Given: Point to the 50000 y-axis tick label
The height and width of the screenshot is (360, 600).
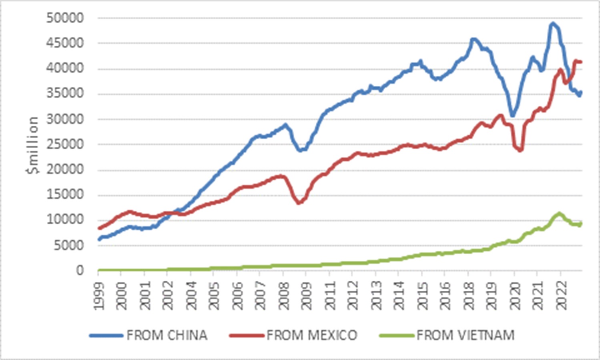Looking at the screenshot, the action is [x=65, y=18].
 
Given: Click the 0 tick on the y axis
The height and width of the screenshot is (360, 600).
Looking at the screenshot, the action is [x=80, y=270].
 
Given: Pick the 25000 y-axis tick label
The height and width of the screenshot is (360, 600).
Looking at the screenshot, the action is [x=65, y=144].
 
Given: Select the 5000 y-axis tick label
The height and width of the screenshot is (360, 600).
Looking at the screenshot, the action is [x=69, y=245].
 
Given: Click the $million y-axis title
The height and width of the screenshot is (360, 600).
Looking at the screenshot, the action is [x=33, y=145].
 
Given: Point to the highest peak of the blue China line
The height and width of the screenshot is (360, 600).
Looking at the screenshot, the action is [x=553, y=24].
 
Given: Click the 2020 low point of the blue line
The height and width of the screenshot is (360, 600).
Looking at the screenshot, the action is [x=512, y=115].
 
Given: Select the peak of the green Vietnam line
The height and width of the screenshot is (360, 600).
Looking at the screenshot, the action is [x=559, y=214].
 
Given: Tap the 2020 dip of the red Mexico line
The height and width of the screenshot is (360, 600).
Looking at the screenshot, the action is [x=520, y=150].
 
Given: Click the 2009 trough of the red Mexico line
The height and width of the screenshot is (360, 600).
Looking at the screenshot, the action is [x=299, y=203].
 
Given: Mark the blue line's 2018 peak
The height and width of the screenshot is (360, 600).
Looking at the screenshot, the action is [x=473, y=39].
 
